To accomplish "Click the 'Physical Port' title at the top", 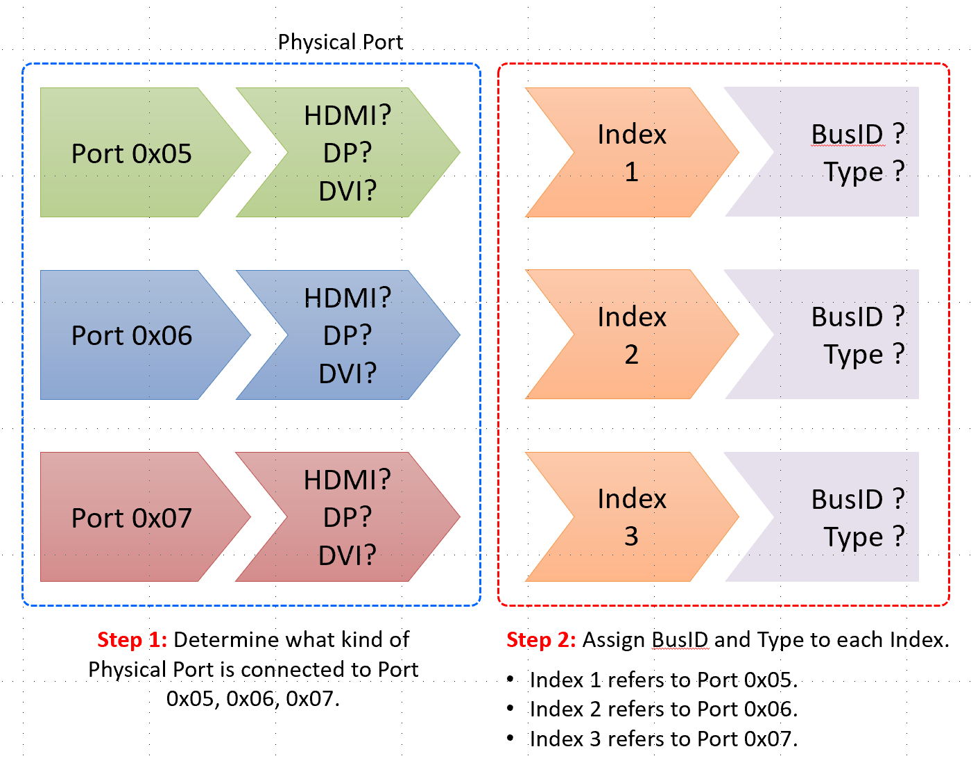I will pos(340,42).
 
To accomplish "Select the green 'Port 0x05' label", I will pos(132,153).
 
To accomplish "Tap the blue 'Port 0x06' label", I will pos(132,336).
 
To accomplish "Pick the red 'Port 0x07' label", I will pos(132,519).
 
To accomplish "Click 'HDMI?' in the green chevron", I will pos(347,116).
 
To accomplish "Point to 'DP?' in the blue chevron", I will pos(347,336).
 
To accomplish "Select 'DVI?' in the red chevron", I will pos(347,555).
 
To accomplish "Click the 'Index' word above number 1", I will pos(632,135).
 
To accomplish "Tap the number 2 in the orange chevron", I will pos(631,355).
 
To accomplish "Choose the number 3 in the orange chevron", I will pos(631,537).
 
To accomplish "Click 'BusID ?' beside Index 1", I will pos(858,135).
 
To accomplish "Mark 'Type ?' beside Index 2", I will pos(864,355).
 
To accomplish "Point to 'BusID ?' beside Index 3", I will pos(858,500).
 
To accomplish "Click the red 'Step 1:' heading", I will pos(132,639).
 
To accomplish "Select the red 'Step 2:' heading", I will pos(541,639).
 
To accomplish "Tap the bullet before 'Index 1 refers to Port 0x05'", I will pos(510,679).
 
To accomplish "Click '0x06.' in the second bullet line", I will pos(771,709).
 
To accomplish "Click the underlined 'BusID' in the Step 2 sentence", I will pos(680,639).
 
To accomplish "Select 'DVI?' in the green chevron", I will pos(347,191).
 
